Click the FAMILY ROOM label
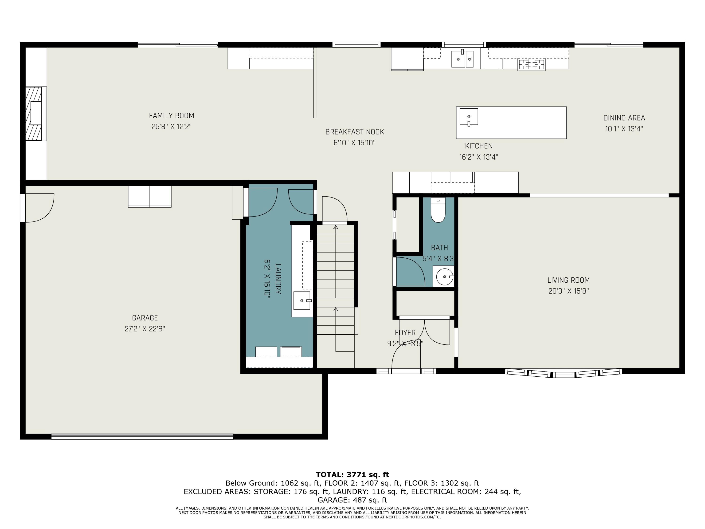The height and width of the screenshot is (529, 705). [172, 115]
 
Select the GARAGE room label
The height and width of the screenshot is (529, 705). [145, 318]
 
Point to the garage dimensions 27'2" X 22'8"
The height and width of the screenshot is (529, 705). [145, 328]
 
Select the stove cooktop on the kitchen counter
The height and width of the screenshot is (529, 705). [531, 64]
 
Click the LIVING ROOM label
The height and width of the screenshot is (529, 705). [569, 280]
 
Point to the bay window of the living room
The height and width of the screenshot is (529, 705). [563, 373]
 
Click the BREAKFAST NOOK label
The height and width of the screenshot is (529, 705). [354, 132]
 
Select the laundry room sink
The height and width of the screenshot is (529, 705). [302, 300]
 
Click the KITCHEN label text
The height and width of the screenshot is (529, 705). [479, 146]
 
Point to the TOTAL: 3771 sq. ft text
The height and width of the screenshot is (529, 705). [352, 474]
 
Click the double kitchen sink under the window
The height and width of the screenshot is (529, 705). [462, 59]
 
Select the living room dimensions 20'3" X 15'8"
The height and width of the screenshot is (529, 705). [569, 291]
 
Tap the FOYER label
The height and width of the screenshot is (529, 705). [405, 333]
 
